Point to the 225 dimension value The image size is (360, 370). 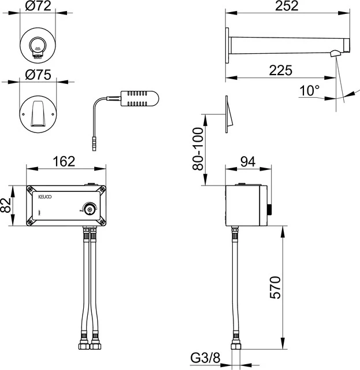280,70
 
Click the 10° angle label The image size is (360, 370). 310,91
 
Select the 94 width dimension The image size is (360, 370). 247,162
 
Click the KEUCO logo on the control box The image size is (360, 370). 44,197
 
